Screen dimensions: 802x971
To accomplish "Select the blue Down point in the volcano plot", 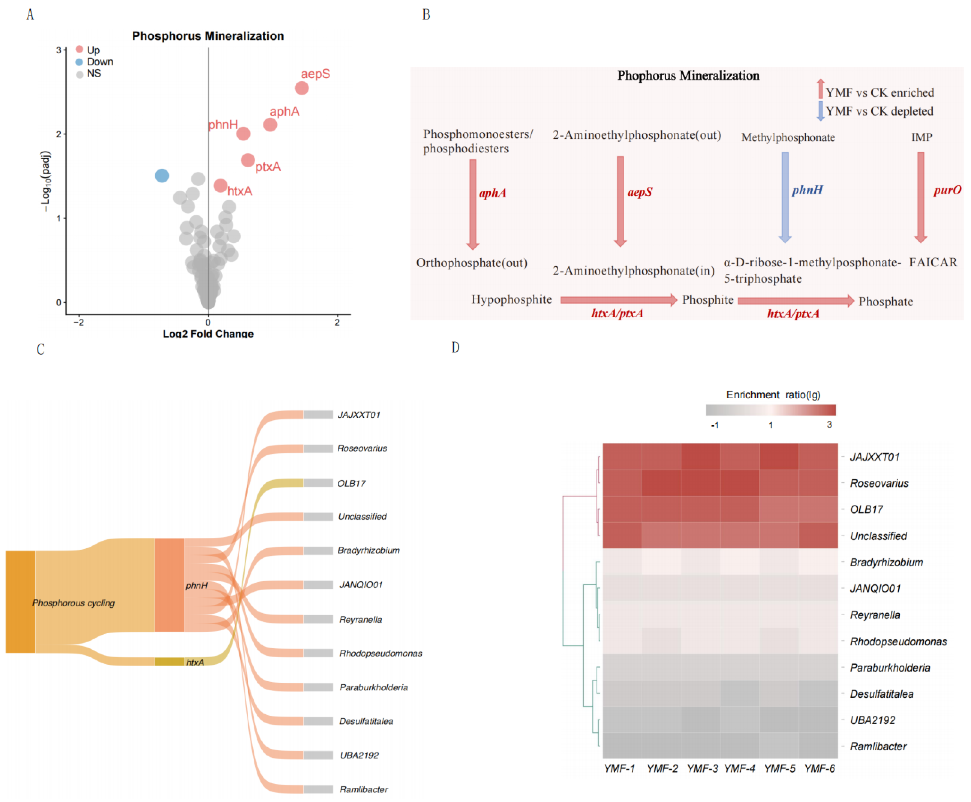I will pyautogui.click(x=162, y=176).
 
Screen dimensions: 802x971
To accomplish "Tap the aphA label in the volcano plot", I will pyautogui.click(x=284, y=111).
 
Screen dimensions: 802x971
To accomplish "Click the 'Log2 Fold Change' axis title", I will pyautogui.click(x=208, y=334).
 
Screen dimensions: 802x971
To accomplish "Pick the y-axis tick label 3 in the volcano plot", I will pyautogui.click(x=59, y=50).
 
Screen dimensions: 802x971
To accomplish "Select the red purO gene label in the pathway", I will pyautogui.click(x=947, y=190).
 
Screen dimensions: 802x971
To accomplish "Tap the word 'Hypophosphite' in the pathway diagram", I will pyautogui.click(x=512, y=299).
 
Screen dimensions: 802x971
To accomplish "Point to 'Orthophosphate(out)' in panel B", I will pyautogui.click(x=472, y=263).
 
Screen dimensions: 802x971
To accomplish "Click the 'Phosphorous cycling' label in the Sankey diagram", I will pyautogui.click(x=73, y=603).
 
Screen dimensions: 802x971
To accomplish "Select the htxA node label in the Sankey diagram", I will pyautogui.click(x=195, y=663).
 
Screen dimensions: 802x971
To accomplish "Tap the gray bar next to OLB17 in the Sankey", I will pyautogui.click(x=318, y=483).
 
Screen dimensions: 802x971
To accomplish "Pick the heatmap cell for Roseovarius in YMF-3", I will pyautogui.click(x=700, y=483).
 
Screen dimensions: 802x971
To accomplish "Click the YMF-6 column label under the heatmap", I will pyautogui.click(x=819, y=768).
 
